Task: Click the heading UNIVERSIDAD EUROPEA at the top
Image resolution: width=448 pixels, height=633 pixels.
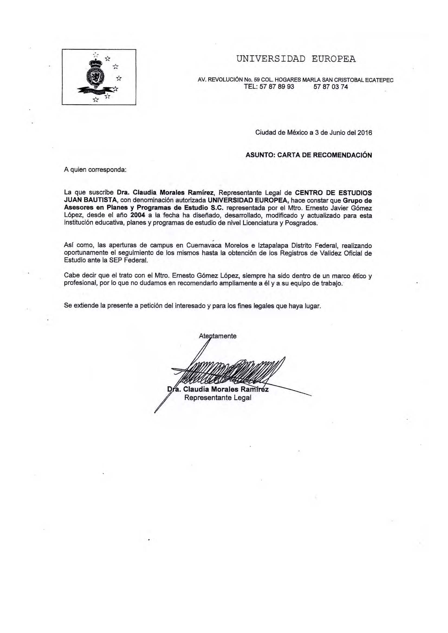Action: [296, 59]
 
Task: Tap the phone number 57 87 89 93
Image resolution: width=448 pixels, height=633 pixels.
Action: [269, 87]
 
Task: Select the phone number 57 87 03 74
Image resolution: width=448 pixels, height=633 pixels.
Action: [331, 87]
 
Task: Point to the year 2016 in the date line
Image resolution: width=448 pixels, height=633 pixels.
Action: [365, 133]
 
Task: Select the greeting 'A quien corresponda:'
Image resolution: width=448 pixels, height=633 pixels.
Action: [95, 170]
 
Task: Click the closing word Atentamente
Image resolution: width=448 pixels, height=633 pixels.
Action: [218, 336]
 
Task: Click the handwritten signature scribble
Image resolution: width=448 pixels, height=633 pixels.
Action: [226, 371]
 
